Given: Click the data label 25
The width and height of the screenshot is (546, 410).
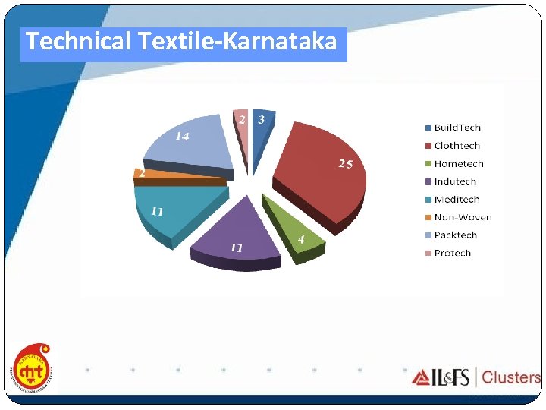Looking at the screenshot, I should (x=346, y=164).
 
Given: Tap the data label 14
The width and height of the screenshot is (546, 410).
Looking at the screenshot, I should (x=183, y=137).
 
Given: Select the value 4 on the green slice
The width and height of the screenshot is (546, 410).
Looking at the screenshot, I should (x=302, y=239).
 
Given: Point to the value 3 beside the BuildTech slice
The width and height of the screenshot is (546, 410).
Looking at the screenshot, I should (x=261, y=119).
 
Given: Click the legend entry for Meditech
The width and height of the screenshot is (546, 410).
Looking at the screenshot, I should (x=456, y=199).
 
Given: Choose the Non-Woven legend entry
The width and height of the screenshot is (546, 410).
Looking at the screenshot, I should (x=462, y=217).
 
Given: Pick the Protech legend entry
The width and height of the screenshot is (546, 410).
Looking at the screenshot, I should (x=452, y=253).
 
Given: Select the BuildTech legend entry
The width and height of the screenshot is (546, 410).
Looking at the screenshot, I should (x=457, y=128).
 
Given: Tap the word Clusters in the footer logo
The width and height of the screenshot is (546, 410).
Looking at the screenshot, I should (x=511, y=377).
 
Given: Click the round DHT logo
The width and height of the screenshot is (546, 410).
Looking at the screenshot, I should (x=33, y=370).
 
